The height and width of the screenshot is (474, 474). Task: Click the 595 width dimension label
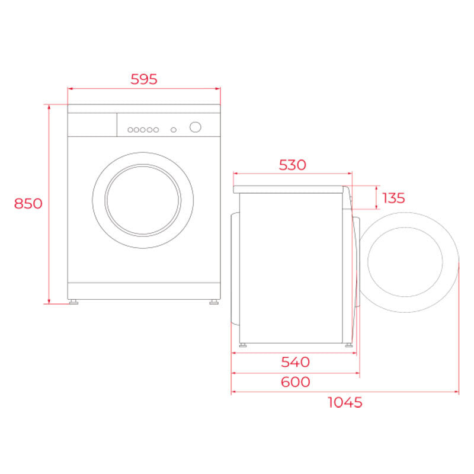pos(144,79)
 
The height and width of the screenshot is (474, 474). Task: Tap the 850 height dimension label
pos(28,203)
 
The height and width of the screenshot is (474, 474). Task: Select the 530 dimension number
pos(292,165)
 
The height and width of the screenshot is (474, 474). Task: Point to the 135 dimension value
pos(393,198)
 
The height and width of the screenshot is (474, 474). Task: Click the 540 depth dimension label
pos(295,362)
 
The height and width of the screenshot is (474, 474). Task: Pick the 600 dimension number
pos(295,382)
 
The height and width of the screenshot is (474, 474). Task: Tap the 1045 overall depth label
pos(345,402)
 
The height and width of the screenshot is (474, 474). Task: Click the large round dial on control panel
pos(196,127)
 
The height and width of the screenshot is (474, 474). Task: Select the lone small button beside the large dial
pos(174,130)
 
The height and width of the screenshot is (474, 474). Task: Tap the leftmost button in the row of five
pos(130,130)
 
